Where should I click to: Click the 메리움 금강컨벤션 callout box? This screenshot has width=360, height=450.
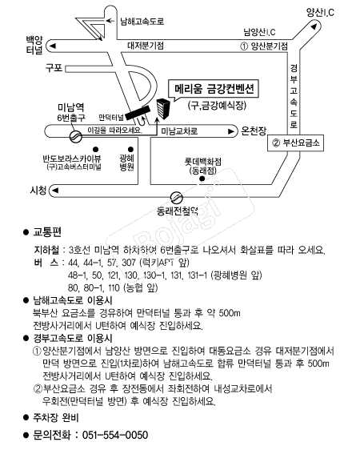(214, 88)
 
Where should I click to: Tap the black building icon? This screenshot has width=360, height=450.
(163, 108)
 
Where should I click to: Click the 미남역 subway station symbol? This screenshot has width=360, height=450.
(76, 136)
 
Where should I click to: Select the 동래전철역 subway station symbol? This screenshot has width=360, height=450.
(177, 198)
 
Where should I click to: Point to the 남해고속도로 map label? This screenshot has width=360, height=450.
(142, 22)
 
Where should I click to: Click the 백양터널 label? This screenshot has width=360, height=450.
(34, 45)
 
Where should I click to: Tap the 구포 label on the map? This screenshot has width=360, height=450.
(54, 68)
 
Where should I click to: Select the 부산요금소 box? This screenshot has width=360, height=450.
(295, 143)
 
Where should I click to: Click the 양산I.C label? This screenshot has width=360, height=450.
(320, 12)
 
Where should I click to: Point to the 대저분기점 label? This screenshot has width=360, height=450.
(146, 46)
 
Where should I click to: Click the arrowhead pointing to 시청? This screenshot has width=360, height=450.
(55, 191)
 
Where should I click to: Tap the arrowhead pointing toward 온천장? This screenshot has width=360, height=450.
(231, 131)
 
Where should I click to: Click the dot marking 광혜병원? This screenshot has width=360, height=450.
(130, 149)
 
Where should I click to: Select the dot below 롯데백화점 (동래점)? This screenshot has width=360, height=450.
(202, 179)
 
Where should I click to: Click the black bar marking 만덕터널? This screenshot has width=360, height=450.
(138, 112)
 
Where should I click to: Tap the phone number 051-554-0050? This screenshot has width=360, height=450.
(115, 435)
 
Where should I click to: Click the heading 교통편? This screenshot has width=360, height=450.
(47, 232)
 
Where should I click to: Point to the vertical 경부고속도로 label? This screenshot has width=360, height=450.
(294, 96)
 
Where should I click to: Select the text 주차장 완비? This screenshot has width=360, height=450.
(56, 417)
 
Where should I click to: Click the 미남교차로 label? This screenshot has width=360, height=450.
(179, 131)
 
